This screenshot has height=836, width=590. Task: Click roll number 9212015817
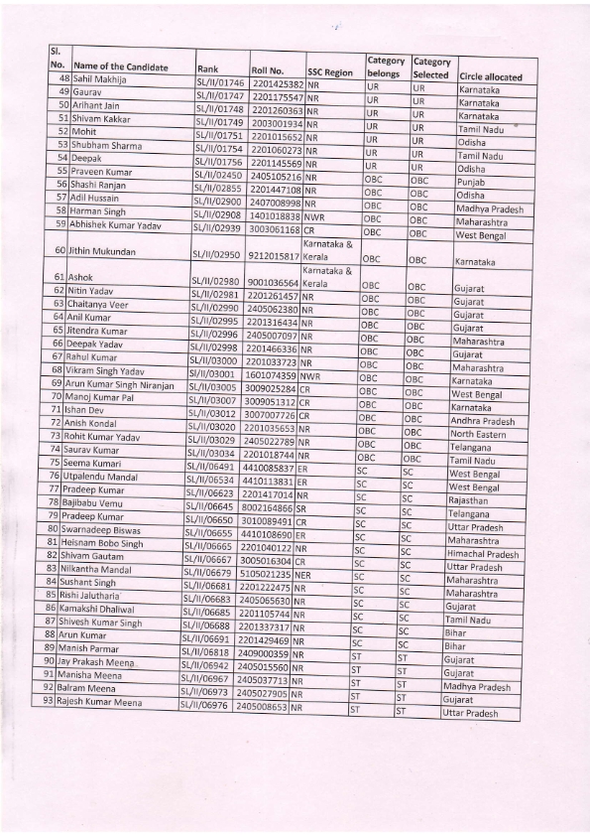pyautogui.click(x=275, y=255)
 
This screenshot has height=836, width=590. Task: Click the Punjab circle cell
pyautogui.click(x=470, y=183)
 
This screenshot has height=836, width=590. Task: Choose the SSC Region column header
pyautogui.click(x=330, y=72)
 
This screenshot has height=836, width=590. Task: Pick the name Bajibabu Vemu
pyautogui.click(x=105, y=501)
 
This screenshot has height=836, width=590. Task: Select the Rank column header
pyautogui.click(x=207, y=70)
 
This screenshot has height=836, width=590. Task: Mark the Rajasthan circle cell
pyautogui.click(x=467, y=501)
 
